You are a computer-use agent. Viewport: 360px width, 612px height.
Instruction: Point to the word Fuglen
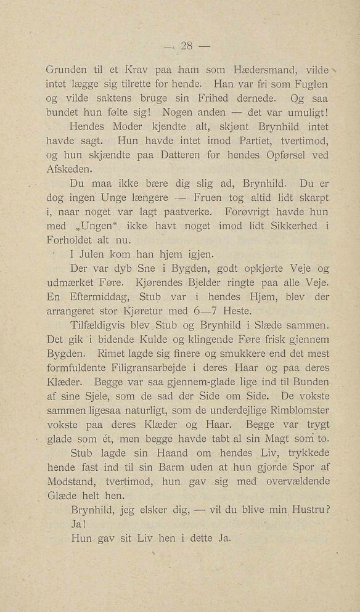tap(306, 83)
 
